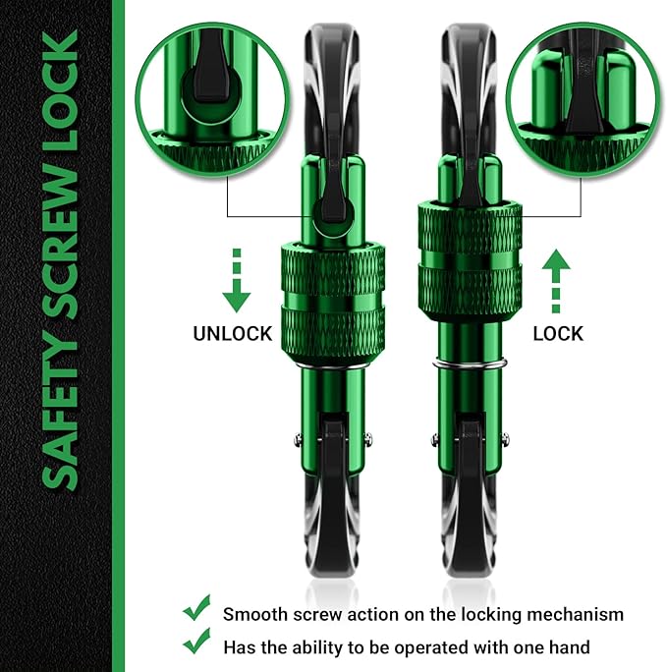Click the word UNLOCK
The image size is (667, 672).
coord(232,334)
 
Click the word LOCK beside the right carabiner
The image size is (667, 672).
coord(558,334)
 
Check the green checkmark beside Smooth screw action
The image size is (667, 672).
coord(196,613)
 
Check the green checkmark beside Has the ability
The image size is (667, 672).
coord(196,645)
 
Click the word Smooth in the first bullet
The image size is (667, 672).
coord(253,614)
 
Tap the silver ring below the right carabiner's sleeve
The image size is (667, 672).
coord(468,365)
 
